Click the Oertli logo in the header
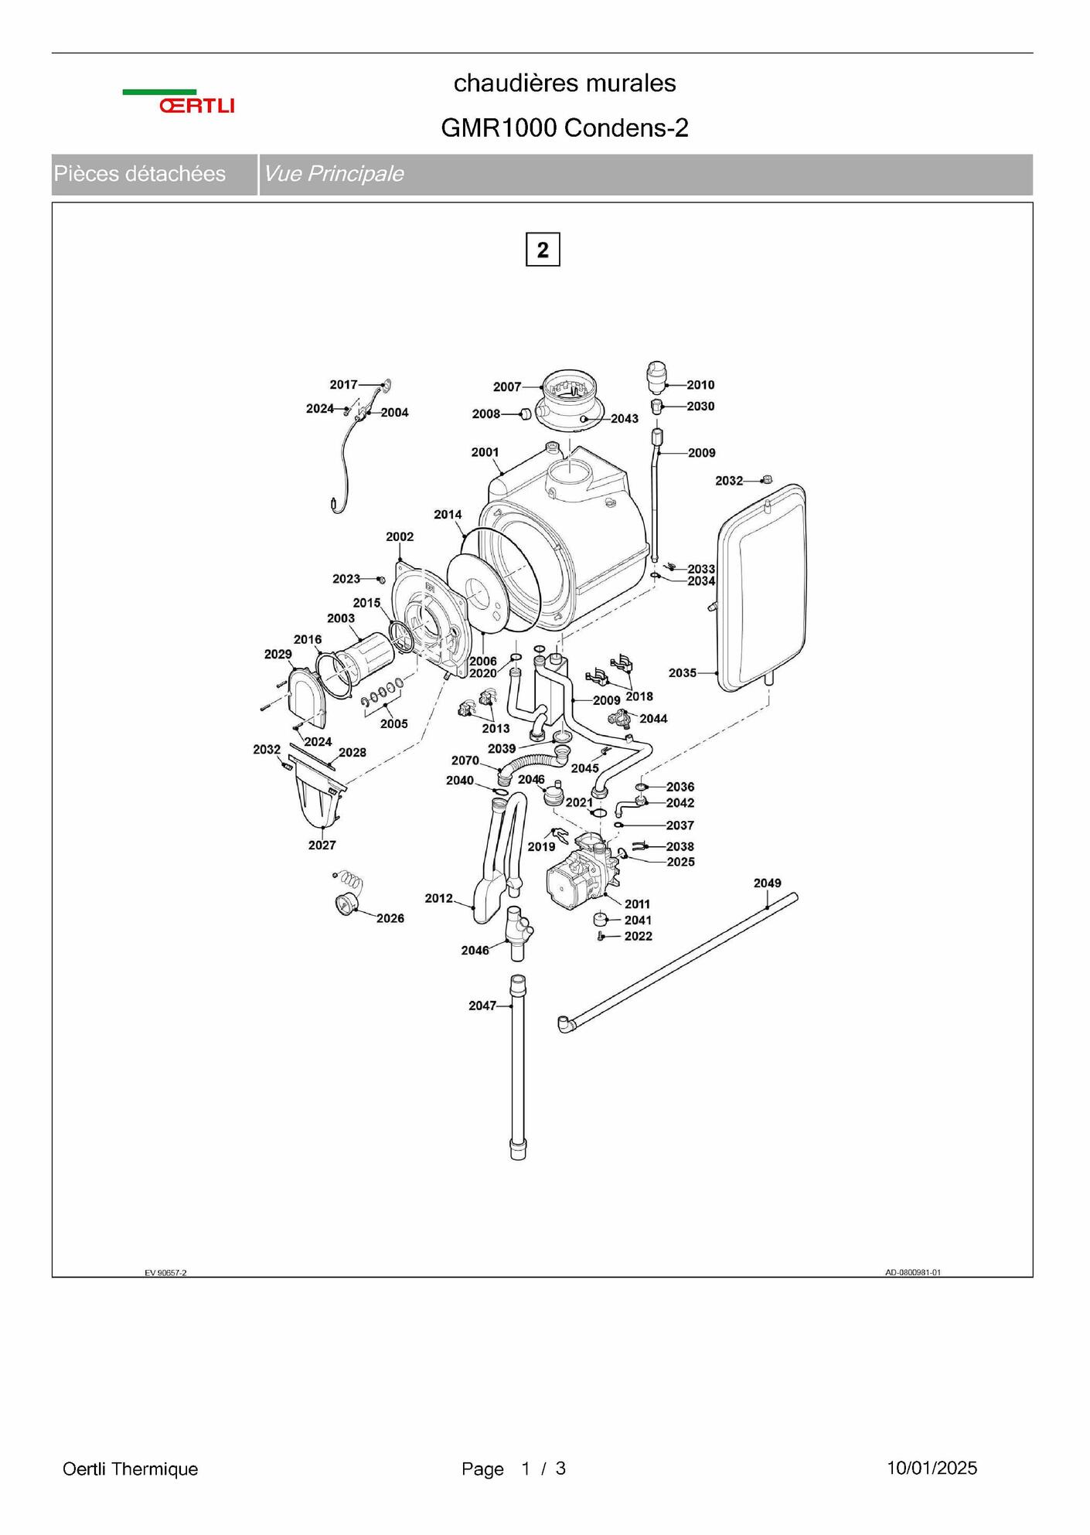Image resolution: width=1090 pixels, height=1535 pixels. point(179,102)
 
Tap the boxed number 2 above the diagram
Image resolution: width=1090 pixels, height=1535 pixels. point(543,250)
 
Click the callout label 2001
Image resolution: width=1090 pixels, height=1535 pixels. point(485,452)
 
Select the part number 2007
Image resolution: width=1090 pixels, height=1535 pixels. point(507,386)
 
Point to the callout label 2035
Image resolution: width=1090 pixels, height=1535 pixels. point(683,673)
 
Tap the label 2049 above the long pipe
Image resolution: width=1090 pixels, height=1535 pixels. point(767,883)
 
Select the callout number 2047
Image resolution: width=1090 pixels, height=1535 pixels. point(482,1006)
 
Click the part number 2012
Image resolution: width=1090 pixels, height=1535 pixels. point(438,898)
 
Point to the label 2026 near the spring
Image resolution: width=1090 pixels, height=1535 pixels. point(390,918)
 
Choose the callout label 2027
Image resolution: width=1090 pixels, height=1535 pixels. point(322,845)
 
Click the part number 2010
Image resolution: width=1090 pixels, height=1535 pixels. point(700,385)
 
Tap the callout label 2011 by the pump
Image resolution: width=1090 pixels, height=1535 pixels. point(638,904)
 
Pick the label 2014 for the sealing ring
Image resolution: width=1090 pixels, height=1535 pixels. point(448,514)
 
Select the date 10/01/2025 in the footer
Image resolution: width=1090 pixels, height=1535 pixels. point(932,1468)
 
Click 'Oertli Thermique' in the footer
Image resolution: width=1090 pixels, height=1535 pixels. point(130,1469)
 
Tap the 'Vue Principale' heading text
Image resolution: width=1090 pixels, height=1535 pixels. point(333,174)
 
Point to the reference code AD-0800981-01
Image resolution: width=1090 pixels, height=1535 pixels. point(913,1272)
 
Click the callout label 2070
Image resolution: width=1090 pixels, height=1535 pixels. point(465,761)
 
